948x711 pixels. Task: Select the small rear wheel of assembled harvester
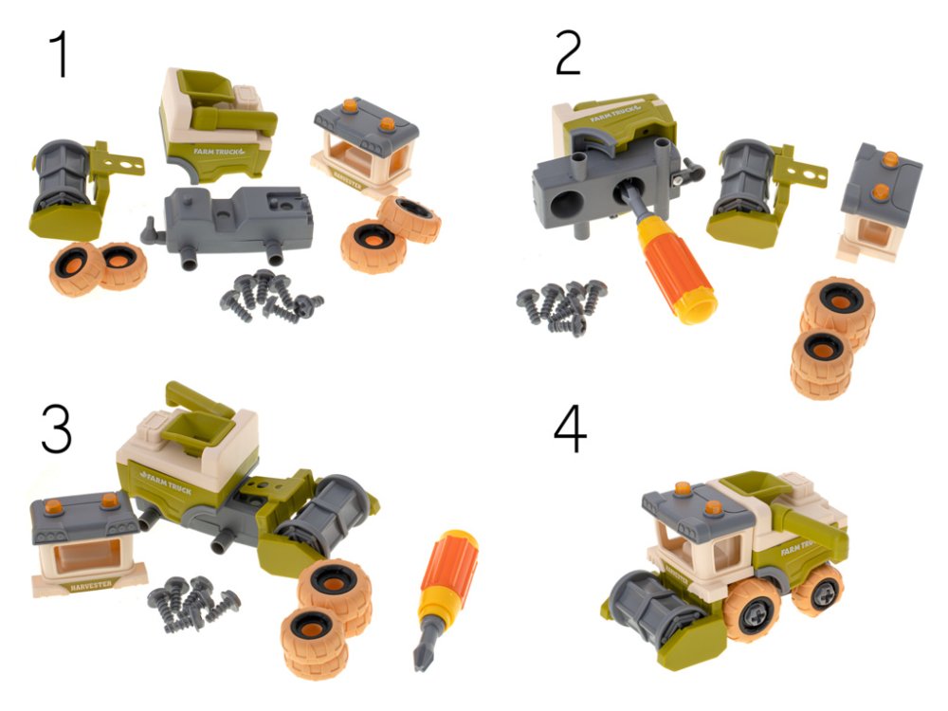[816, 588]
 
